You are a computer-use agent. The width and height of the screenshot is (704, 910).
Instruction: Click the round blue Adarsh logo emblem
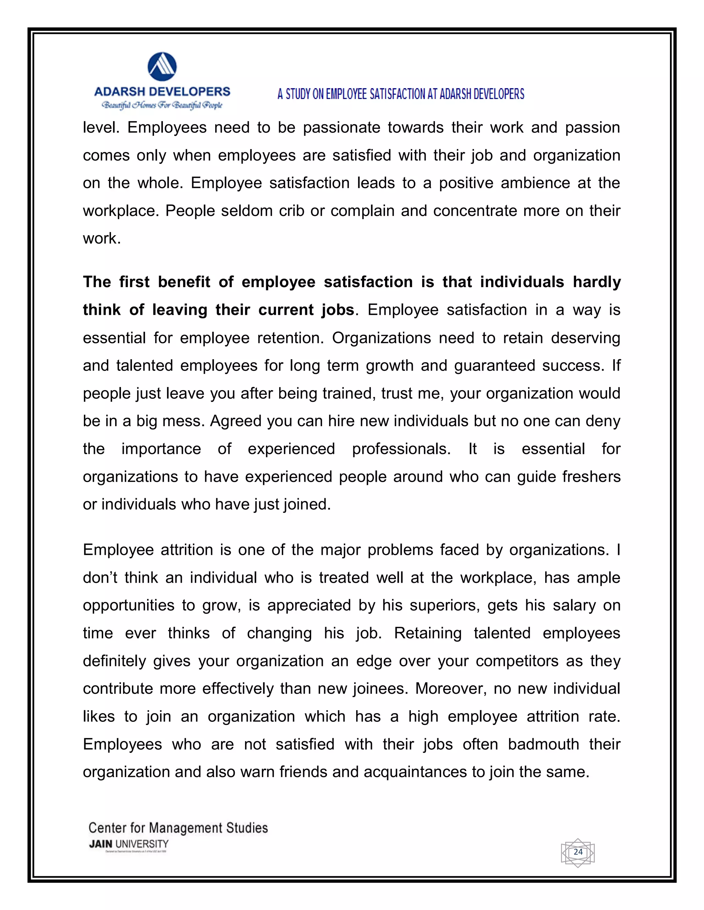point(162,67)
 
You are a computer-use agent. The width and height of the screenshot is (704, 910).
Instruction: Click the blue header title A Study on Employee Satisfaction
point(400,94)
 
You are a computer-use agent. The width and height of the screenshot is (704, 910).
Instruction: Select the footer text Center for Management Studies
point(178,828)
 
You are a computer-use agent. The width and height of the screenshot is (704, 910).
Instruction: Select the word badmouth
point(543,744)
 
